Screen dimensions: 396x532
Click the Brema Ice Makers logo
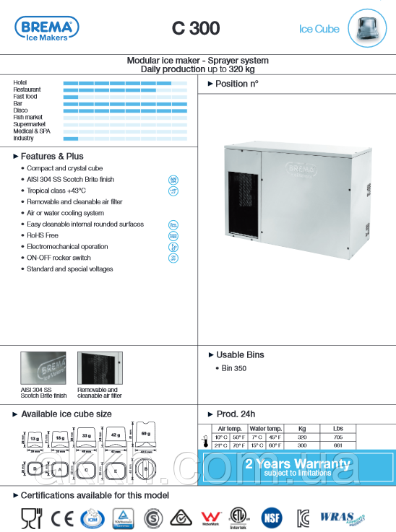(x=47, y=28)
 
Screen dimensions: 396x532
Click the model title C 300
(x=196, y=29)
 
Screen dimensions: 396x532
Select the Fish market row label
(x=28, y=117)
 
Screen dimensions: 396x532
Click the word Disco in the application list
(x=20, y=110)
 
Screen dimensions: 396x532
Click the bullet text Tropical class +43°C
(x=56, y=191)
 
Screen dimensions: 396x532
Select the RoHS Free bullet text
(x=43, y=235)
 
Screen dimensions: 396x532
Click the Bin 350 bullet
(x=234, y=369)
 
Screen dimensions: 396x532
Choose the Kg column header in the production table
(x=302, y=429)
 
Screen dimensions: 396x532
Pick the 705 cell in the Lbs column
(x=337, y=437)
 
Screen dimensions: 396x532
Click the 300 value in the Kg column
(x=302, y=445)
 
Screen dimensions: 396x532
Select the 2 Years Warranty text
(x=297, y=464)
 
